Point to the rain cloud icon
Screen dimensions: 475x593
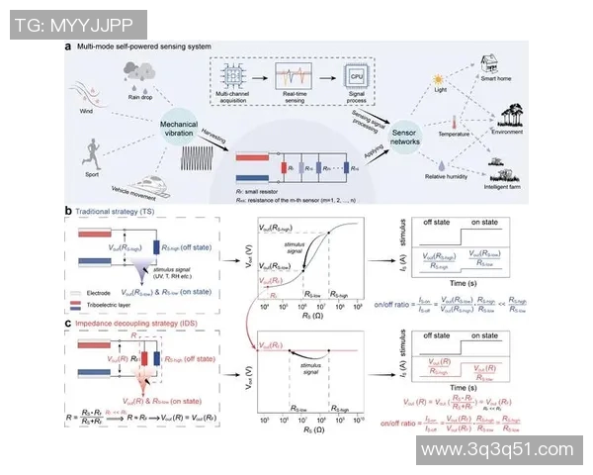click(x=137, y=71)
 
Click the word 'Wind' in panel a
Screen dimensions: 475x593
click(x=90, y=111)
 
